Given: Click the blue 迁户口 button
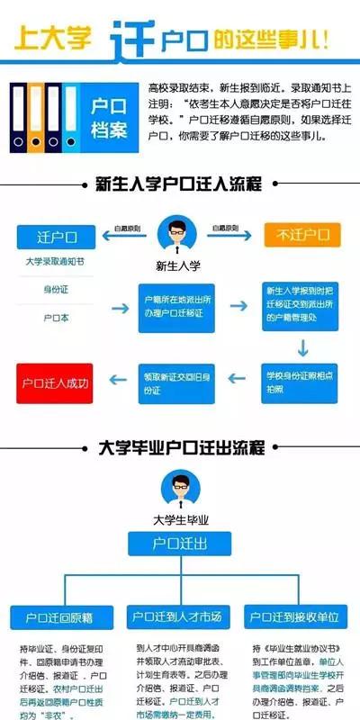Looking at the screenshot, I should pyautogui.click(x=56, y=238).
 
